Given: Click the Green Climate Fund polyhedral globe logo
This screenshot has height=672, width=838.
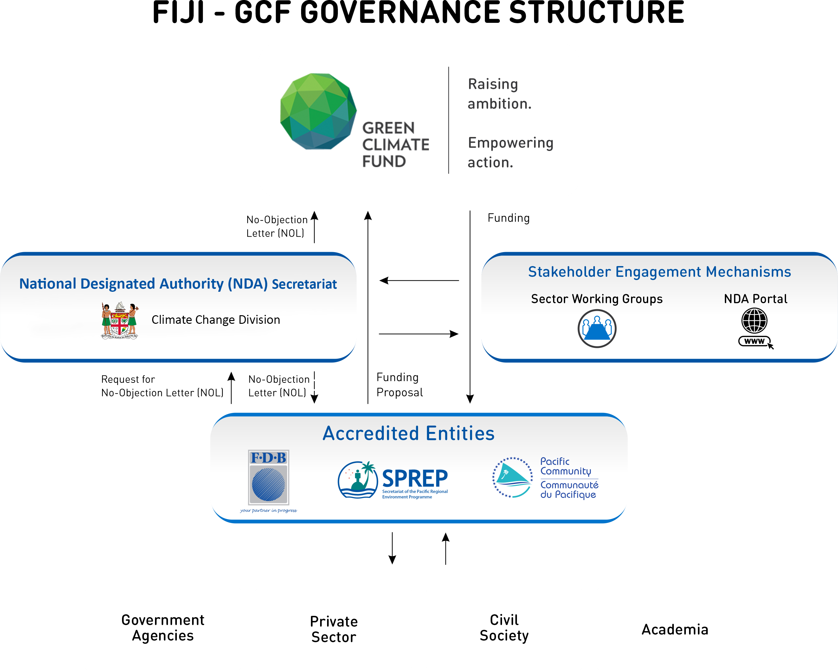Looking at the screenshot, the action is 318,111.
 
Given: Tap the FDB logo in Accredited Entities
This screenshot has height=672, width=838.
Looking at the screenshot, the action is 268,481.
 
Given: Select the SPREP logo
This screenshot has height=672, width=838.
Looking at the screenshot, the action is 393,480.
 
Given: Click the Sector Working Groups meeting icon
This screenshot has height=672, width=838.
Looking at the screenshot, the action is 597,329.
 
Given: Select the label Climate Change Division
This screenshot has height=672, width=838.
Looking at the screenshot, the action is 216,320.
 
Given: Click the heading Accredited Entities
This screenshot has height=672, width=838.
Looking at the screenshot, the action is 409,433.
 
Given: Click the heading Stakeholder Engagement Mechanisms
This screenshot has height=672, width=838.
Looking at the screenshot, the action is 660,272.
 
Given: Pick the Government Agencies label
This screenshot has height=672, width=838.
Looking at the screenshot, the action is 163,628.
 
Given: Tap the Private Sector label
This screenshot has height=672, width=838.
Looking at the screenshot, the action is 334,629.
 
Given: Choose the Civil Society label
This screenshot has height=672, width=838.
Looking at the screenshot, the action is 504,628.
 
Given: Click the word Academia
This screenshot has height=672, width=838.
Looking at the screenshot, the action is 675,630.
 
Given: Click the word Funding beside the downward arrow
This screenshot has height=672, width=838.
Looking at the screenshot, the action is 508,218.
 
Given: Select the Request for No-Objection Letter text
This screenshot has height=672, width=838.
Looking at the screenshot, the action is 162,386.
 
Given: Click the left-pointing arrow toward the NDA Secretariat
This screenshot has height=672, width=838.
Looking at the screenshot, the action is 419,280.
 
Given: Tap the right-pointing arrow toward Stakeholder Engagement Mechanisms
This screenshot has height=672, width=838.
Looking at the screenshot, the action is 419,334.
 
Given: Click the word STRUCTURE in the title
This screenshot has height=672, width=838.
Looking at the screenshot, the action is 596,12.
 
